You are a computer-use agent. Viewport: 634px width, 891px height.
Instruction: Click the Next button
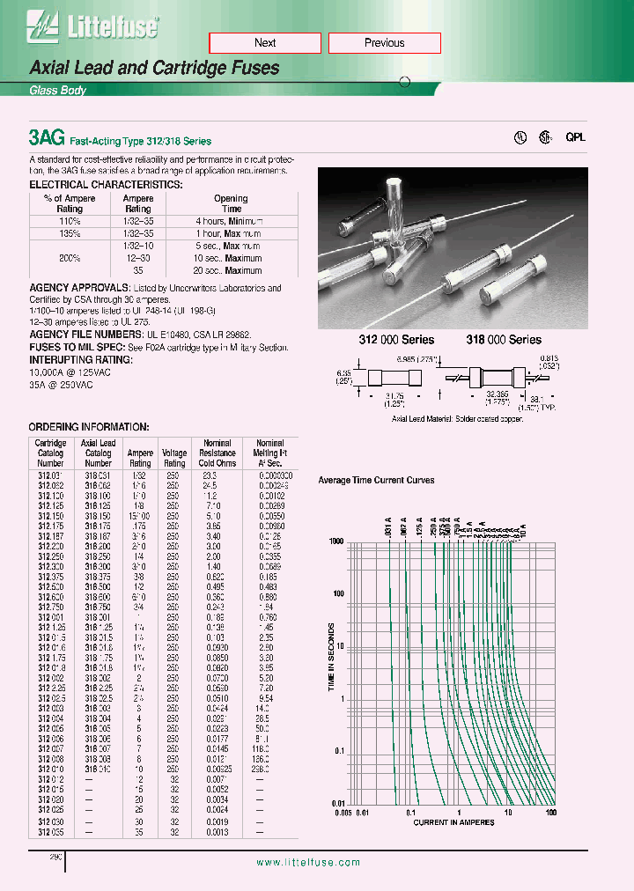[x=265, y=43]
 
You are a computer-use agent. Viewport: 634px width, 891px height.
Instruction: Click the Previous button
[x=384, y=43]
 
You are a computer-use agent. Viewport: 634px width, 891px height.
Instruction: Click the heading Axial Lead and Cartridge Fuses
[x=155, y=68]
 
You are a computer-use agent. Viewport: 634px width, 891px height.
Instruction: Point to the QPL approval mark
[x=575, y=137]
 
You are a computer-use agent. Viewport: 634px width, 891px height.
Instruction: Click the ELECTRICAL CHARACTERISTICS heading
[x=107, y=185]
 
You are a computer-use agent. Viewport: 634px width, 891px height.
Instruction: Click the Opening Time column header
[x=231, y=204]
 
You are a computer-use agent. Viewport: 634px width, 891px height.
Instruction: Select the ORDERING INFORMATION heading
[x=90, y=427]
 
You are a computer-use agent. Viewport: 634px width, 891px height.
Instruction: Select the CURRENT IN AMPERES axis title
[x=453, y=822]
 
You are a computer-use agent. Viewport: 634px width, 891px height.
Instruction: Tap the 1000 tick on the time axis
[x=337, y=542]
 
